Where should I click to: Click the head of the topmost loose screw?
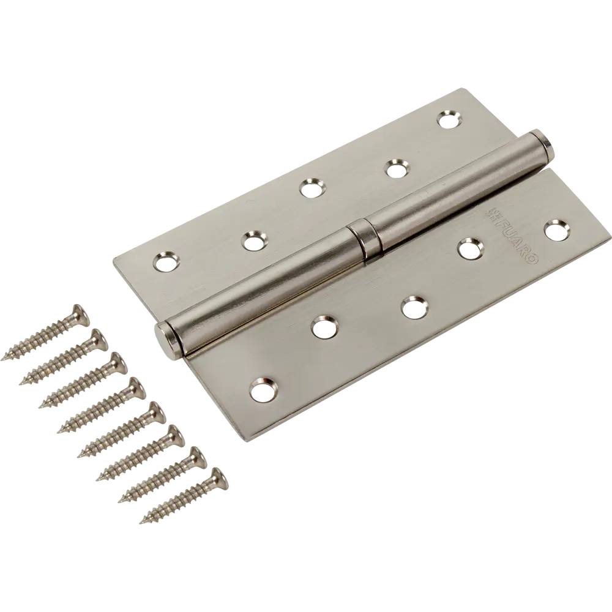[x=81, y=315]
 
